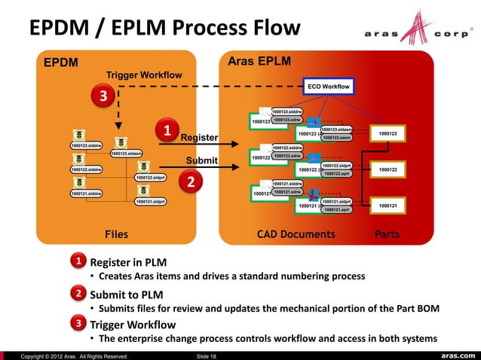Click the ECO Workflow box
[328, 87]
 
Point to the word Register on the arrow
[199, 138]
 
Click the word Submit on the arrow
[202, 160]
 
